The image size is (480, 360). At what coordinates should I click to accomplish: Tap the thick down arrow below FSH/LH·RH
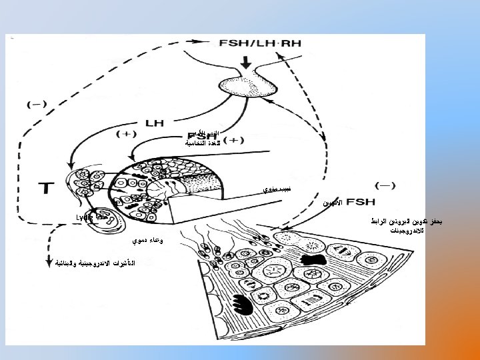(247, 63)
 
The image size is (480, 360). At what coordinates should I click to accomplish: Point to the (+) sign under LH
(125, 134)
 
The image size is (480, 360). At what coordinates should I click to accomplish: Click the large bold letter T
(49, 187)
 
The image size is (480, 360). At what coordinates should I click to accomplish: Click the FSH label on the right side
(359, 201)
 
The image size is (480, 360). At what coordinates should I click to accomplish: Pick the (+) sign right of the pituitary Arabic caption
(233, 140)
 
